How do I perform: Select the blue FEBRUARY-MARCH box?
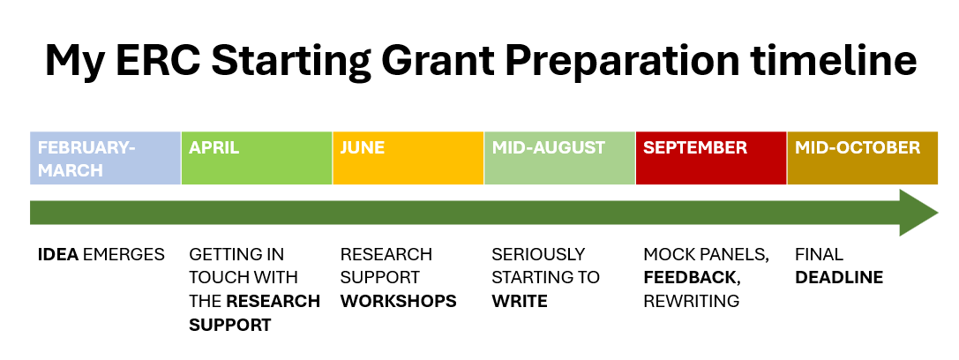coord(105,158)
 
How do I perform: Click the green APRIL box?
coord(257,158)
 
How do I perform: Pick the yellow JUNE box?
coord(408,158)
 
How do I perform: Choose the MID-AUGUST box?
coord(559,158)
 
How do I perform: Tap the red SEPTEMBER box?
coord(711,158)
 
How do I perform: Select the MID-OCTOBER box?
coord(862,158)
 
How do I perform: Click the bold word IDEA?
coord(58,254)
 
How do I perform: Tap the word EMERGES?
coord(124,254)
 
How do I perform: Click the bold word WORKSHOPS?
coord(398,302)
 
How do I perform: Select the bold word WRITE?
coord(520,302)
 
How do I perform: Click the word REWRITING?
coord(691,302)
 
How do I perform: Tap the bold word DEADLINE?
coord(839,278)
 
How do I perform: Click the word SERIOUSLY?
coord(538,254)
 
